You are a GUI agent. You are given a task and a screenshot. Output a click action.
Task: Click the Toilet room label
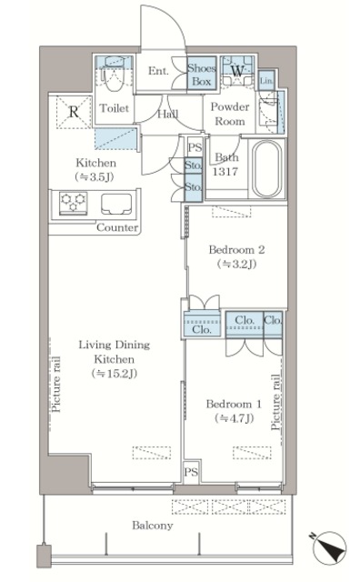click(x=114, y=108)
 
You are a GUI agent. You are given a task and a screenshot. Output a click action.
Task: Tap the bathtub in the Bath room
click(x=266, y=169)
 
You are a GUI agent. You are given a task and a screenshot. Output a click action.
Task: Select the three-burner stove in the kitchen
click(x=74, y=204)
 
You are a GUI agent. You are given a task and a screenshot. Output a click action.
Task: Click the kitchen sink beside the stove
click(x=116, y=204)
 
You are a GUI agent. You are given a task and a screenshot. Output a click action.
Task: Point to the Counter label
click(x=117, y=227)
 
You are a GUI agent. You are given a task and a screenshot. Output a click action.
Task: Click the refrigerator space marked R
click(x=74, y=112)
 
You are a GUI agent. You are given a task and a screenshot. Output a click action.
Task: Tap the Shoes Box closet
click(x=202, y=75)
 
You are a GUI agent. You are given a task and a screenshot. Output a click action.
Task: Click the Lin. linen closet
click(x=266, y=80)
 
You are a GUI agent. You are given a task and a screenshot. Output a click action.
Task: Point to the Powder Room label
click(x=230, y=114)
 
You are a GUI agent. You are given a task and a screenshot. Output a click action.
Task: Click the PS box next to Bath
click(x=195, y=147)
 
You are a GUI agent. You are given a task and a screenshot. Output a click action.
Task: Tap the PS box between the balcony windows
click(x=191, y=472)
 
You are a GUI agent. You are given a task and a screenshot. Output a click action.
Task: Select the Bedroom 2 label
click(x=236, y=256)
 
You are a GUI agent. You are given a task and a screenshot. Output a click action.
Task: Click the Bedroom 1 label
click(x=234, y=411)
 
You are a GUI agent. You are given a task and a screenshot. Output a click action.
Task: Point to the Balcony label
click(x=153, y=526)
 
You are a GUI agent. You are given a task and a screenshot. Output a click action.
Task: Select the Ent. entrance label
click(x=158, y=71)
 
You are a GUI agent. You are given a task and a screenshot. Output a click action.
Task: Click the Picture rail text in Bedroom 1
click(x=275, y=402)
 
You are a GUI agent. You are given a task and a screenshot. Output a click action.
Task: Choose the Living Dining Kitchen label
click(x=115, y=359)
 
